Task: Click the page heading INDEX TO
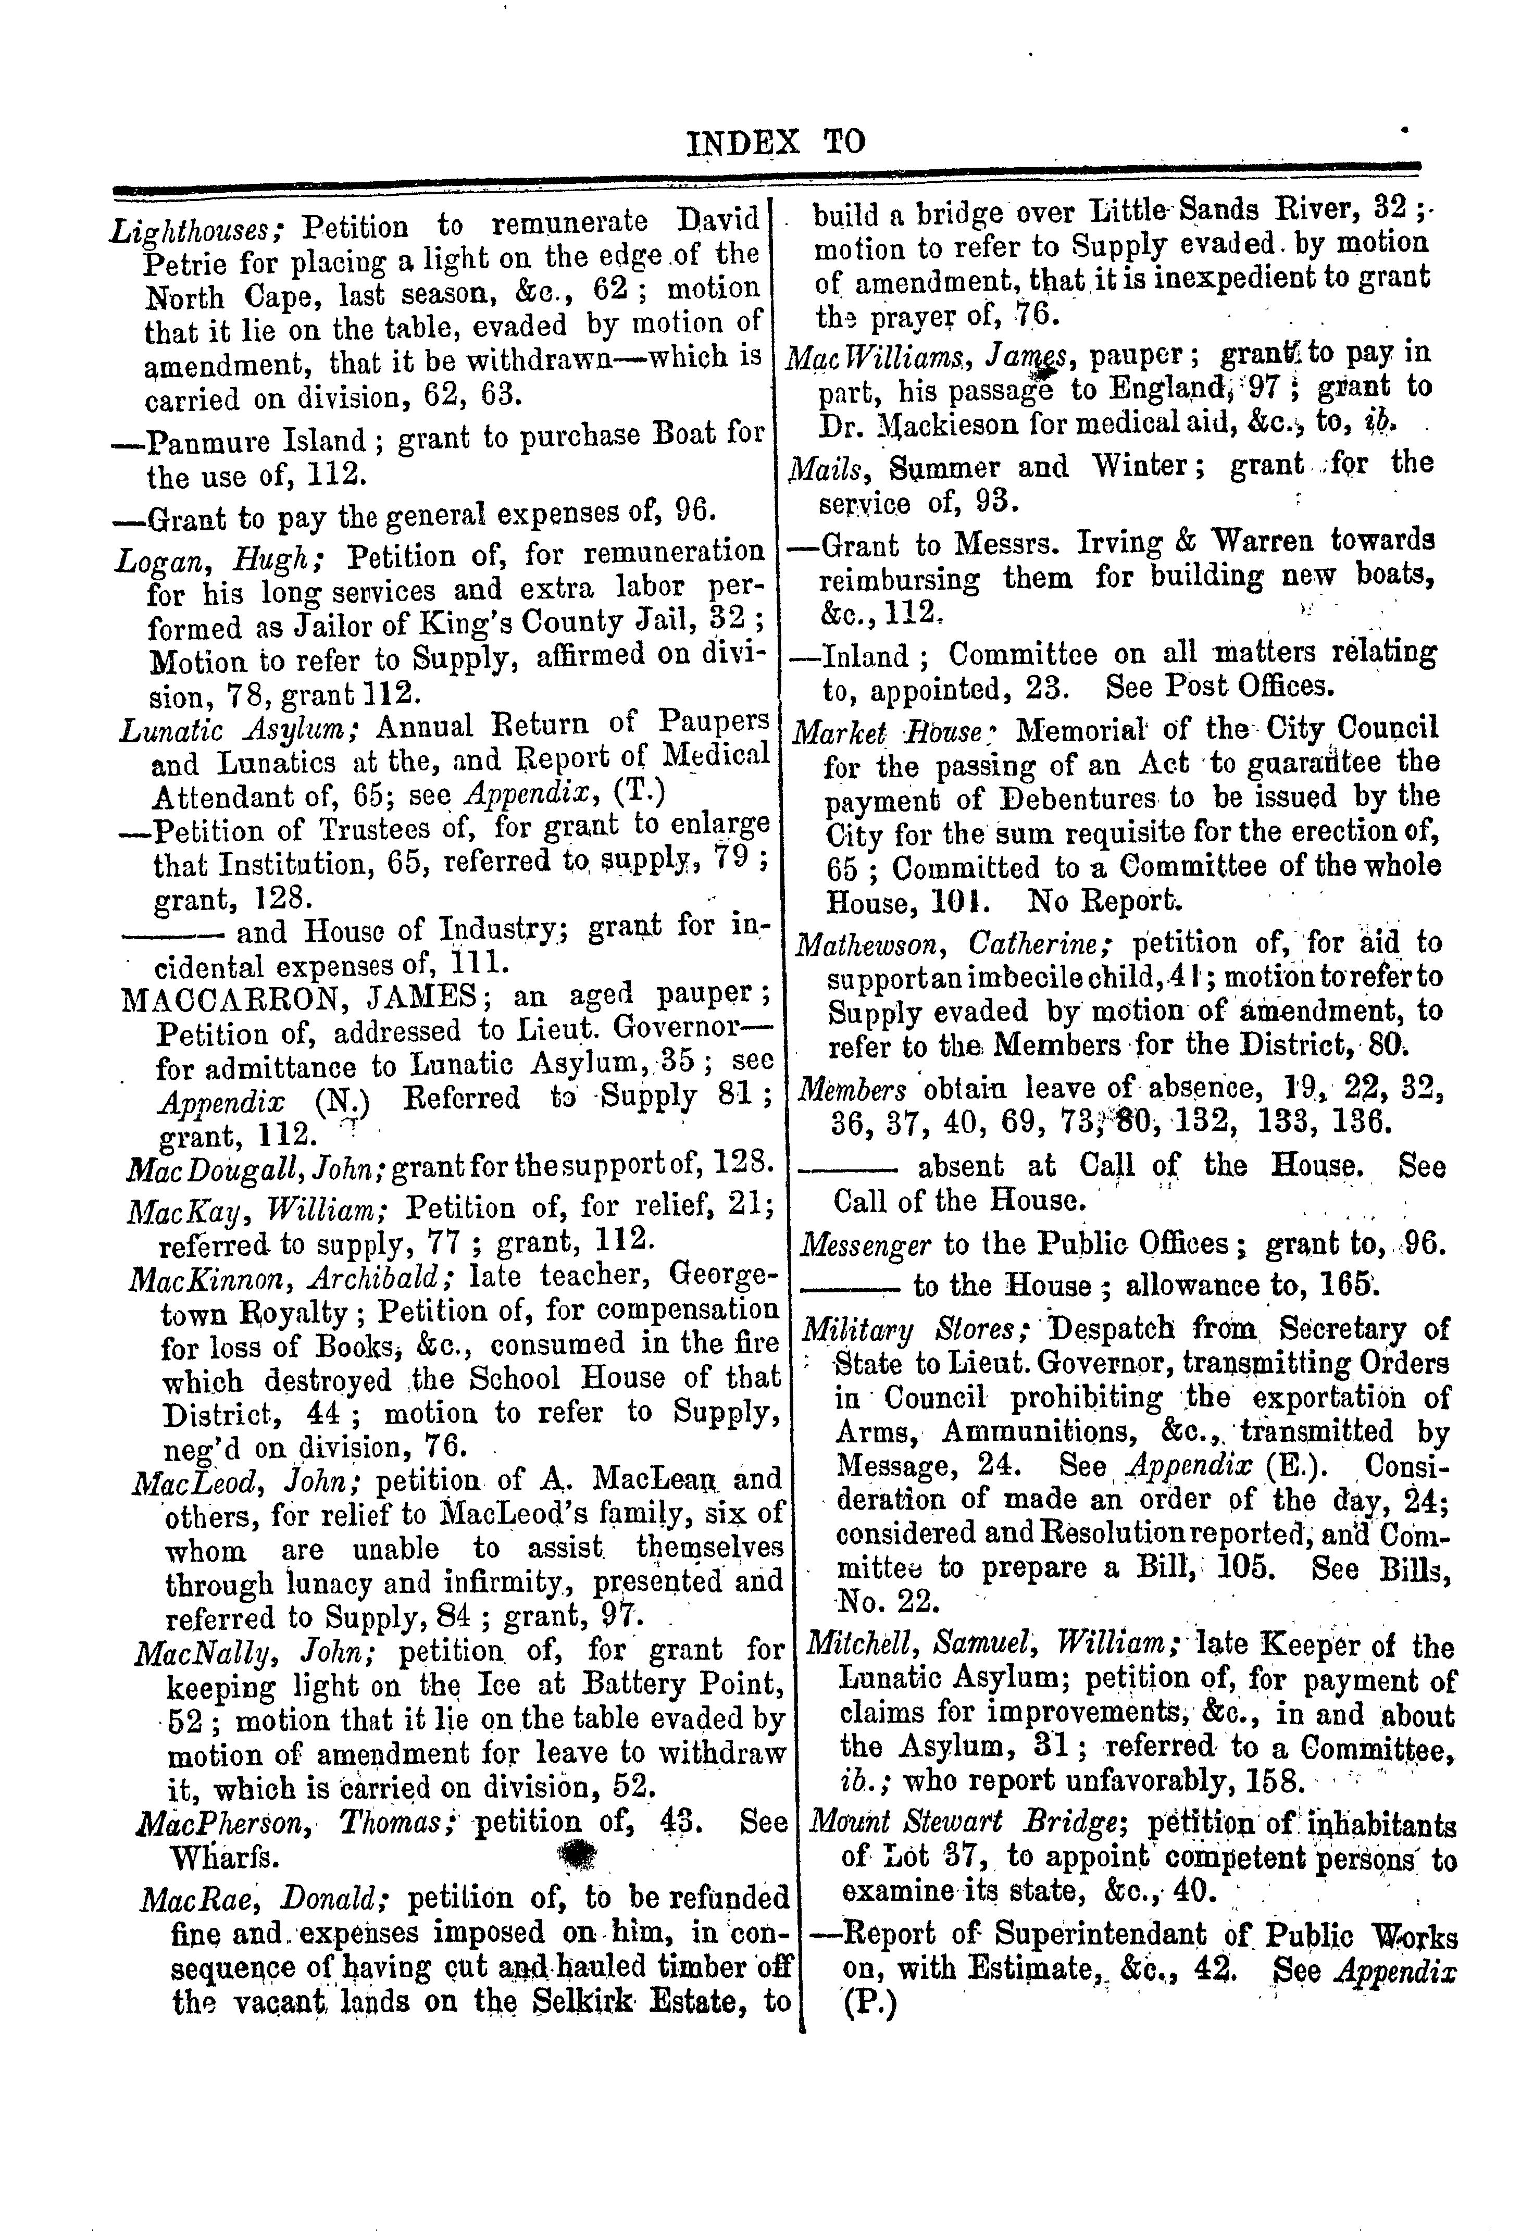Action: (776, 143)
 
